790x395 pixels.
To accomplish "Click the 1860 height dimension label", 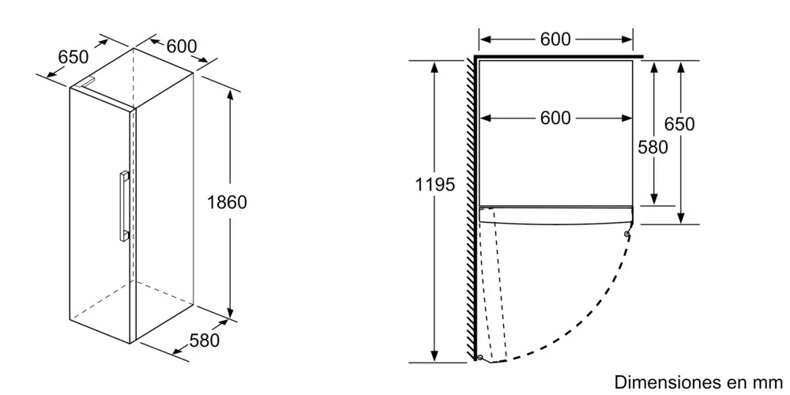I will pyautogui.click(x=227, y=202).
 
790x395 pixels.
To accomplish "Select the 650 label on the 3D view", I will pyautogui.click(x=73, y=57).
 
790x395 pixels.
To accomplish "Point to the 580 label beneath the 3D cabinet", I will pyautogui.click(x=204, y=341).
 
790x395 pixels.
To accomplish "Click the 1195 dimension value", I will pyautogui.click(x=435, y=185).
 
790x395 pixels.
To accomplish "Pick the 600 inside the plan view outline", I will pyautogui.click(x=556, y=118).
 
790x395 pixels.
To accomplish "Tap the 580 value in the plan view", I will pyautogui.click(x=653, y=147).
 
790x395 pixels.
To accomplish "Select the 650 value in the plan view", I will pyautogui.click(x=679, y=125).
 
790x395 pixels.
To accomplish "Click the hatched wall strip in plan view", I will pyautogui.click(x=470, y=205).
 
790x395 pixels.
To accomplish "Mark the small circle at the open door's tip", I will pyautogui.click(x=480, y=358).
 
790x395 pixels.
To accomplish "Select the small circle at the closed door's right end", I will pyautogui.click(x=626, y=235).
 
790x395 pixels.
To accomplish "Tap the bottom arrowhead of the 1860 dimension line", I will pyautogui.click(x=230, y=312).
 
